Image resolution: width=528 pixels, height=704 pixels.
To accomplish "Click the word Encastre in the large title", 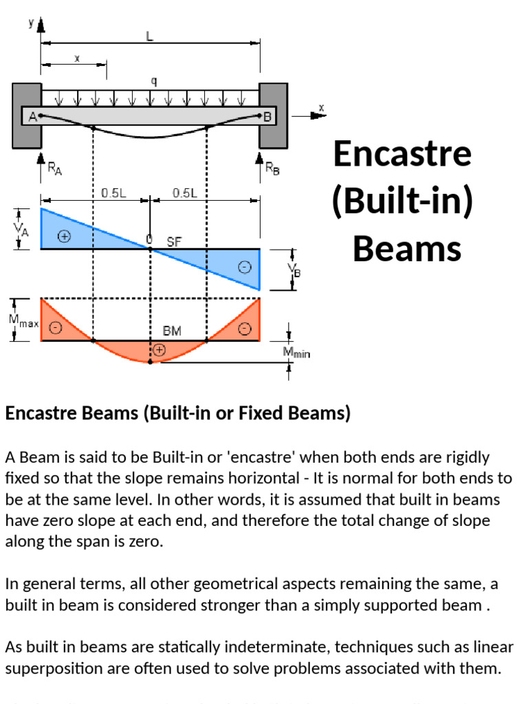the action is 403,154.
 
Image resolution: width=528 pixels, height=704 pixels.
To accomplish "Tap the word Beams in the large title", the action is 407,248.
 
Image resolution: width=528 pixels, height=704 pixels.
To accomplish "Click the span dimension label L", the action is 150,37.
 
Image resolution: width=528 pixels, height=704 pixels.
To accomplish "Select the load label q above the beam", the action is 153,81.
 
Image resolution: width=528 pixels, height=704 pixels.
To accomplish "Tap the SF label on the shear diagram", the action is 174,241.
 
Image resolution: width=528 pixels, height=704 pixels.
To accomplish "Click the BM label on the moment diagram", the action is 172,331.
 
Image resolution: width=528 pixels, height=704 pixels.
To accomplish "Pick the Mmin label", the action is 297,353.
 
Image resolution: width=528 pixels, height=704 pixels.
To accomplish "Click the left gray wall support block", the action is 27,115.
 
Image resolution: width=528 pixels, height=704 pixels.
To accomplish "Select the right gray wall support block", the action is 273,115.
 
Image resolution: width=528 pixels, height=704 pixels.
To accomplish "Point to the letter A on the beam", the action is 32,117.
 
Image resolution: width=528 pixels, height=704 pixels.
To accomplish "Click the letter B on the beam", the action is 268,117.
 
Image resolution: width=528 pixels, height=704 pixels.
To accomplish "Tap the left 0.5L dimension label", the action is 113,193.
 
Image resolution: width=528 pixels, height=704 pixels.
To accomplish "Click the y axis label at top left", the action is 31,23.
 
